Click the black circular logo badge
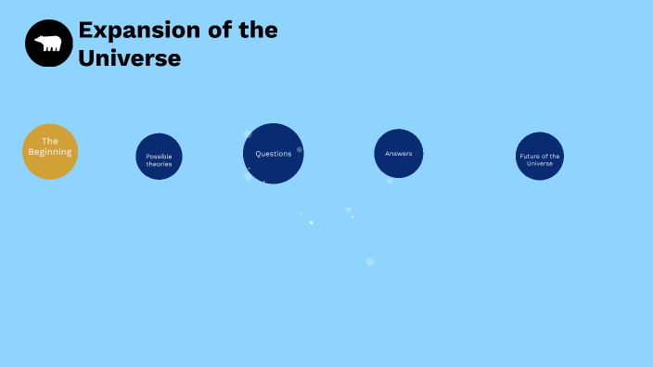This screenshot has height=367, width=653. coord(49,44)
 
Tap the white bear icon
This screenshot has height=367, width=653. coord(49,43)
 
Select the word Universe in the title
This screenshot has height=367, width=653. coord(129,57)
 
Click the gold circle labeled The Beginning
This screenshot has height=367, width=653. coord(50,151)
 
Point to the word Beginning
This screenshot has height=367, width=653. coord(50,152)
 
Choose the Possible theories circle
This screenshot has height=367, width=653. coord(159,157)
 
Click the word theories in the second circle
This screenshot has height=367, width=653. coord(159,164)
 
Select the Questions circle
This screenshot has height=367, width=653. coord(274,154)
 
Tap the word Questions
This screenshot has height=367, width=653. coord(274,154)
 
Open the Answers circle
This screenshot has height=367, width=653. coord(399,154)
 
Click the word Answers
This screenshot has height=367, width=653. coord(399,154)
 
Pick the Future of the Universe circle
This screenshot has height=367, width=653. coord(540,157)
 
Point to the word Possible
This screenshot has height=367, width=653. coord(159,157)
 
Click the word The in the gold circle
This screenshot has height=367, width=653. coord(50,141)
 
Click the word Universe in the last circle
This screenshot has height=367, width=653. coord(540,163)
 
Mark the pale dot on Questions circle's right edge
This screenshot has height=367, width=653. coord(300,149)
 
